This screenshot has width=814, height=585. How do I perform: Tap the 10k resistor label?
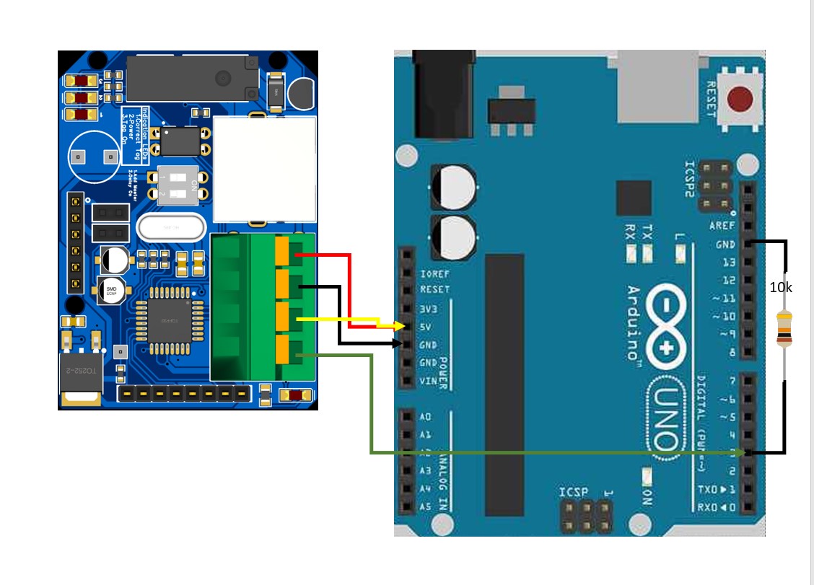click(x=781, y=287)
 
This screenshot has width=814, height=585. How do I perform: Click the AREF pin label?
click(x=722, y=226)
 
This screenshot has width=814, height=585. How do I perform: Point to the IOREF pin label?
click(x=434, y=274)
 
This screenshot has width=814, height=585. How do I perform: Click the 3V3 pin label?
click(x=429, y=309)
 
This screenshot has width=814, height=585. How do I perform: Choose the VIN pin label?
click(x=429, y=380)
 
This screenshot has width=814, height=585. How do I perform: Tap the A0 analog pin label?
click(x=425, y=417)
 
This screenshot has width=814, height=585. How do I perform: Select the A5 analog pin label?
click(x=425, y=506)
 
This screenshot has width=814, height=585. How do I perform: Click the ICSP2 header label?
click(x=689, y=179)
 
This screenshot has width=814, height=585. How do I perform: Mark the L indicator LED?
click(x=679, y=253)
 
